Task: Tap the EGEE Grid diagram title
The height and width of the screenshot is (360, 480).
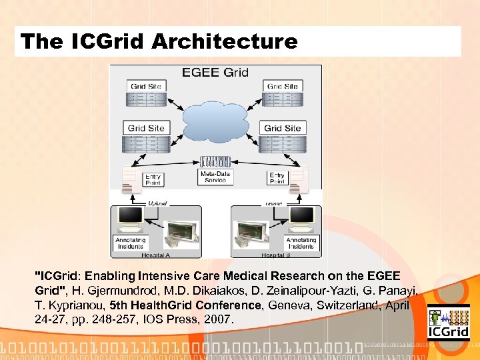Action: tap(215, 72)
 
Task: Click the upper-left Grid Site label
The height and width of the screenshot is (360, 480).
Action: tap(146, 86)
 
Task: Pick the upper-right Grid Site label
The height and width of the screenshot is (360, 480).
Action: tap(282, 86)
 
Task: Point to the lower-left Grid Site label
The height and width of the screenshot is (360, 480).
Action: tap(146, 128)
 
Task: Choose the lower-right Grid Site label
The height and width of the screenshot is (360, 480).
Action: tap(282, 128)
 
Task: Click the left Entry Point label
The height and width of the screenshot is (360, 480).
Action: tap(153, 178)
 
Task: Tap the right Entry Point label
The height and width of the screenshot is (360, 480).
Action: tap(277, 178)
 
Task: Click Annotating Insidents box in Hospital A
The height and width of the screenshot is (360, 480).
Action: tap(130, 243)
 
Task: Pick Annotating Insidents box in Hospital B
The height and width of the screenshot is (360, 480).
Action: tap(301, 243)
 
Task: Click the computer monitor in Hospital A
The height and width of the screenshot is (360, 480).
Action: tap(130, 216)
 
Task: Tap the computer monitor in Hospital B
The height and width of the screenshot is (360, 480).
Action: tap(301, 216)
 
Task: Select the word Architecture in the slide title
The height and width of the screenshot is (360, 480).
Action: tap(225, 42)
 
